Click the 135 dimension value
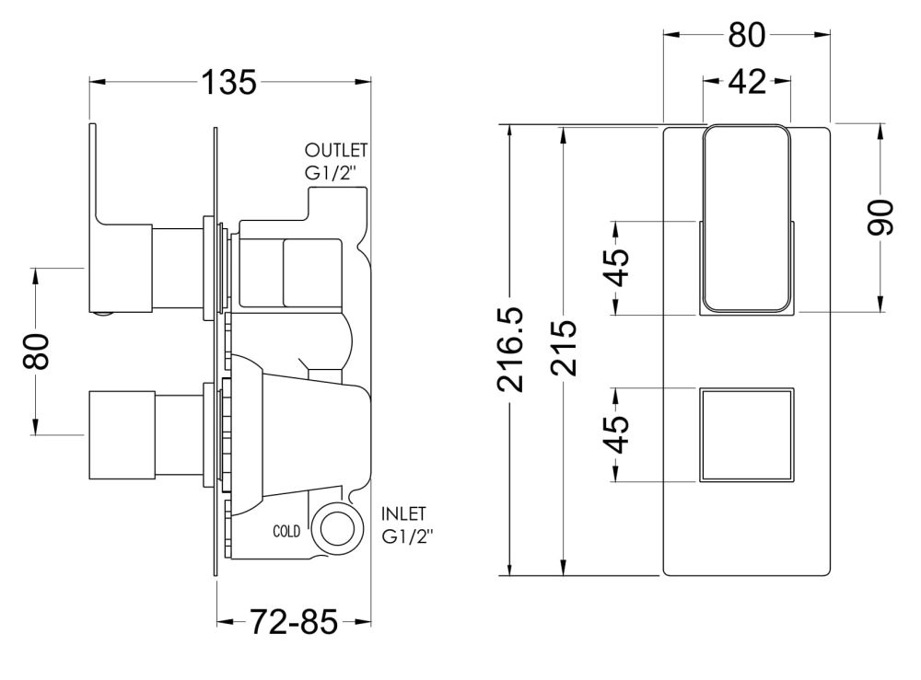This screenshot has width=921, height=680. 229,82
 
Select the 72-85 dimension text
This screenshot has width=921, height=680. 295,622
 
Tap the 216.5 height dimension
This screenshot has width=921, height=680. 510,350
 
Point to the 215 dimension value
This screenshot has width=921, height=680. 565,348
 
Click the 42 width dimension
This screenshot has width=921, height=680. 747,82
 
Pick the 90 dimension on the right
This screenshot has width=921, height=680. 880,218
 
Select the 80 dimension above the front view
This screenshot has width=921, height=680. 747,35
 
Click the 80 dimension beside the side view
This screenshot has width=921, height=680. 36,352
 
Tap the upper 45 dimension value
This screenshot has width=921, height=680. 617,268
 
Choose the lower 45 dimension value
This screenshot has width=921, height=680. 617,434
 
